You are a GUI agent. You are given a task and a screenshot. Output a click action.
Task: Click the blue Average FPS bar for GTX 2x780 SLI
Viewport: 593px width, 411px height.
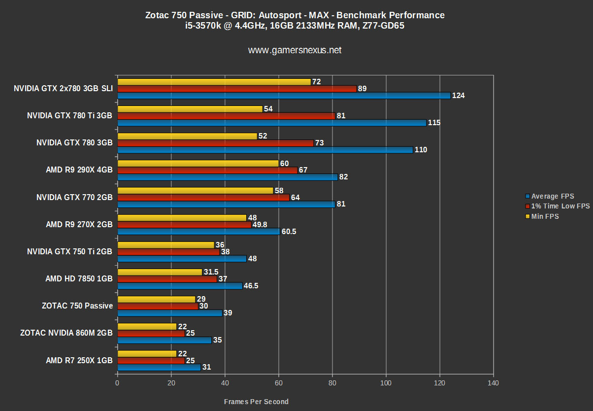coord(283,96)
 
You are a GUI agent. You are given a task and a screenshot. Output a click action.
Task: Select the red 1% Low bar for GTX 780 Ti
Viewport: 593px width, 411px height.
coord(226,116)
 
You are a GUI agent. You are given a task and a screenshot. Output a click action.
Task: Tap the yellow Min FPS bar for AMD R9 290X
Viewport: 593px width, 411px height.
coord(198,163)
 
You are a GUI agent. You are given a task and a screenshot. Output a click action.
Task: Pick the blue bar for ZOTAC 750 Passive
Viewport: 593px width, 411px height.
coord(169,313)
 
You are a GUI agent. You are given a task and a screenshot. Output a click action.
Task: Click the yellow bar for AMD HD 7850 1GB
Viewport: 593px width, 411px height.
coord(160,272)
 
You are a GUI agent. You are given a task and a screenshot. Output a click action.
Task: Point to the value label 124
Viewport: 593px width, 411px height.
coord(458,96)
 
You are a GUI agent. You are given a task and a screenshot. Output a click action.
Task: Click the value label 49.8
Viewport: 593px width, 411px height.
coord(259,225)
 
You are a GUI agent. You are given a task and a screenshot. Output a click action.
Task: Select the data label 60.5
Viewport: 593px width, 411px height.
coord(290,232)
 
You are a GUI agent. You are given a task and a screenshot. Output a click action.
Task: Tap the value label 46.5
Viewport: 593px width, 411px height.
coord(252,286)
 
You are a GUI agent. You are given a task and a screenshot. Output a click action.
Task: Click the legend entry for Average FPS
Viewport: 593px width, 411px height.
coord(552,196)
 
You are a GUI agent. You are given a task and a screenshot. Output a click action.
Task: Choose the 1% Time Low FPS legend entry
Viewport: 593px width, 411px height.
coord(560,206)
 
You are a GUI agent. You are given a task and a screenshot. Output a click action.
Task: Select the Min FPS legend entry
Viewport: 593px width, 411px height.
coord(545,216)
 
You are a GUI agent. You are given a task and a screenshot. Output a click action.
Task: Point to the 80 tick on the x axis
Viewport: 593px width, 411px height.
coord(332,383)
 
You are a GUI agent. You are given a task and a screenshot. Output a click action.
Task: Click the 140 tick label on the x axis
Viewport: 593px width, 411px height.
coord(493,383)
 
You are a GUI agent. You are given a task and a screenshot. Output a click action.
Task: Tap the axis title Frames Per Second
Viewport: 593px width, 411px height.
coord(256,402)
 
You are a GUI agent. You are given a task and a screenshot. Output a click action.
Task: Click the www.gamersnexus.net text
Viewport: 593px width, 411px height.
coord(295,50)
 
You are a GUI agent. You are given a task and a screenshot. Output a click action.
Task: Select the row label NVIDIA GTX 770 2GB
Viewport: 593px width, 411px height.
coord(74,197)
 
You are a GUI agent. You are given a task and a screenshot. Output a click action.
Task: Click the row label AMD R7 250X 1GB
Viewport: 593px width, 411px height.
coord(79,361)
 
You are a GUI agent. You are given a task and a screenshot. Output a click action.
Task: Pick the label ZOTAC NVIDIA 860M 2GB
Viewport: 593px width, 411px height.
coord(66,333)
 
